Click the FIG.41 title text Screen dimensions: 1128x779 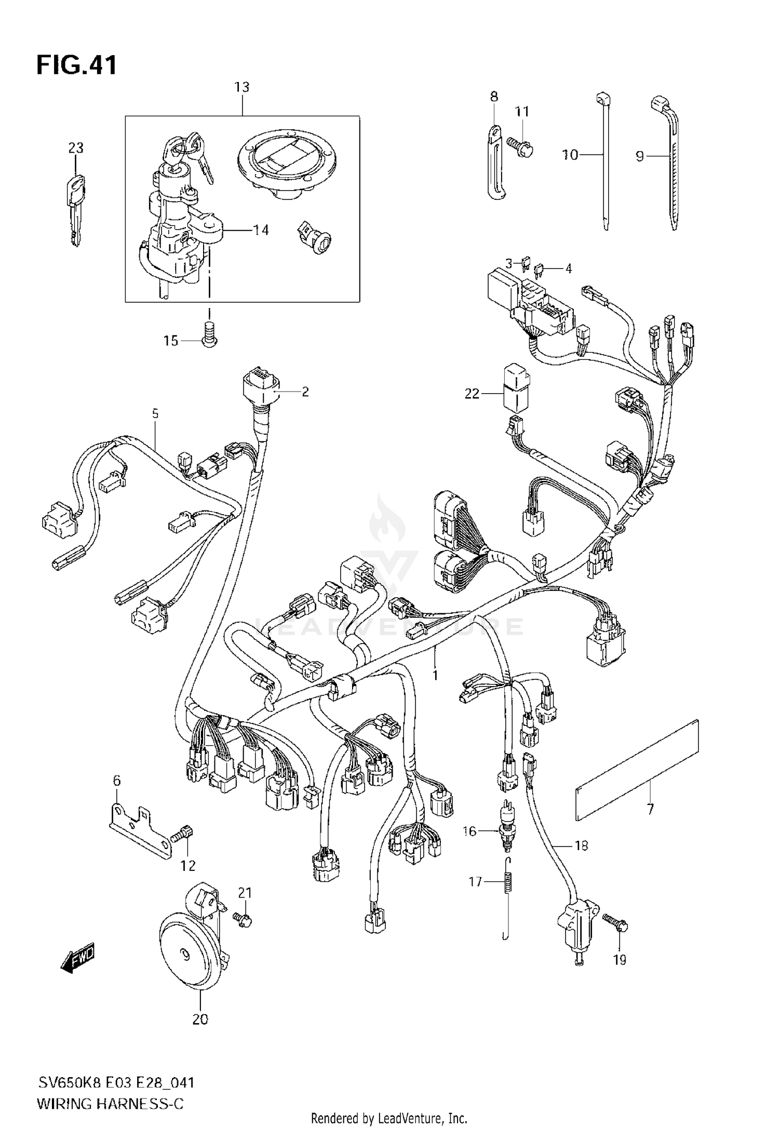click(x=76, y=66)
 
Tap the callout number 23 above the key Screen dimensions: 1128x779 click(x=76, y=148)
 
